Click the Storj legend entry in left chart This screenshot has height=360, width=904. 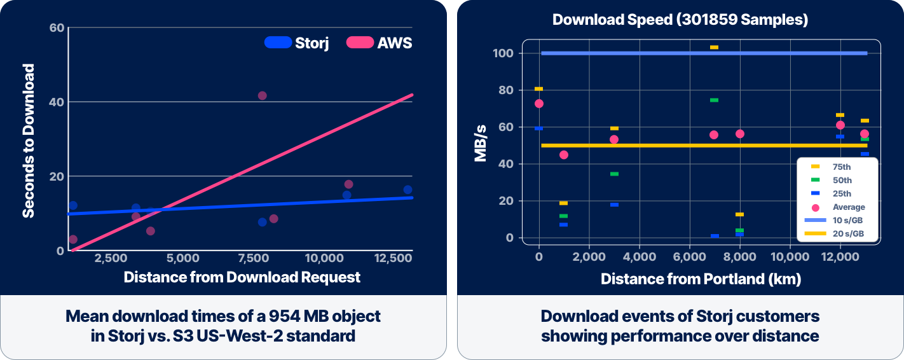tap(297, 43)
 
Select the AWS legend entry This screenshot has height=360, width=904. tap(380, 43)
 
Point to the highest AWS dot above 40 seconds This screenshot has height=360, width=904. tap(263, 95)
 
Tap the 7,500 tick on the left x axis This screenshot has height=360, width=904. tap(254, 258)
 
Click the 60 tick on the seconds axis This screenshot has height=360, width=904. tap(57, 27)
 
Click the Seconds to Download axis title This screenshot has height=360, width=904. tap(28, 141)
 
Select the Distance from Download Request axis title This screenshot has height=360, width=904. tap(242, 277)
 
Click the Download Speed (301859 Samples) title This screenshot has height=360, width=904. tap(680, 19)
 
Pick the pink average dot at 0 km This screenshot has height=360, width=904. tap(538, 104)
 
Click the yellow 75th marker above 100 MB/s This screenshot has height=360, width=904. tap(714, 47)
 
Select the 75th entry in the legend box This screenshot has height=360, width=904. tap(831, 167)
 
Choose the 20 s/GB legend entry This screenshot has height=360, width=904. tap(834, 233)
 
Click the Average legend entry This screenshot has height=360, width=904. tap(838, 207)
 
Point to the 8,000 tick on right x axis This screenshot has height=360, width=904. tap(739, 257)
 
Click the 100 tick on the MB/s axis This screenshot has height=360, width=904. tap(503, 53)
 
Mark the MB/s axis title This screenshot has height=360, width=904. tap(480, 143)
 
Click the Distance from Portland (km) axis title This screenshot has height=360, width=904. tap(701, 279)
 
